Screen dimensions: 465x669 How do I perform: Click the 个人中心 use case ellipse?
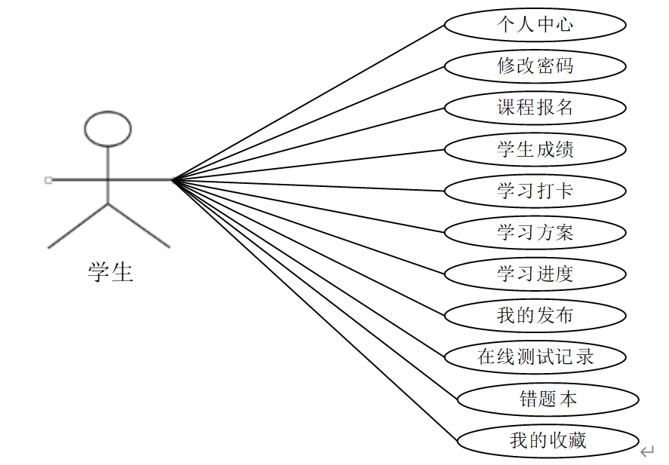(x=535, y=25)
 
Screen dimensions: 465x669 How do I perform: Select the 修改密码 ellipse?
(x=535, y=66)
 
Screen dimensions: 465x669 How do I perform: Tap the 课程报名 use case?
(x=535, y=108)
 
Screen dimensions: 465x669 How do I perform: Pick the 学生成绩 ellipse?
(x=535, y=149)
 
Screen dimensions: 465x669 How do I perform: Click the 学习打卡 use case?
(x=535, y=191)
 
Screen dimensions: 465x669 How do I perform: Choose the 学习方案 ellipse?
(x=535, y=232)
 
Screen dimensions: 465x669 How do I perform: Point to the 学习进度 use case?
(x=535, y=274)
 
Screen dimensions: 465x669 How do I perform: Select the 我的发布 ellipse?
(x=535, y=315)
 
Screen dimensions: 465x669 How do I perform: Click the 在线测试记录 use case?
(x=535, y=356)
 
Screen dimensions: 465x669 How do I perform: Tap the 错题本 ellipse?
(x=548, y=399)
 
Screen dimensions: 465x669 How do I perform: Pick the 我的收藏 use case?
(x=548, y=440)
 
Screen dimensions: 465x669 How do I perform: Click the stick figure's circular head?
(x=108, y=128)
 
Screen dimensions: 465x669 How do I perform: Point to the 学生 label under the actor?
(x=110, y=271)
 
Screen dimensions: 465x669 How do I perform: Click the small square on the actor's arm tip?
(x=48, y=180)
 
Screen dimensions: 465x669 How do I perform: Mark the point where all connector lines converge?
(x=173, y=180)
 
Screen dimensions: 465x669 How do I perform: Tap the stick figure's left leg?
(x=78, y=225)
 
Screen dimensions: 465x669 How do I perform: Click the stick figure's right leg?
(x=140, y=225)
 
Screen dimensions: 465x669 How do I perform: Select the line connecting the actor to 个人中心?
(x=309, y=102)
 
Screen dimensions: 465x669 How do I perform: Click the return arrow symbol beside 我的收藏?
(x=647, y=451)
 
